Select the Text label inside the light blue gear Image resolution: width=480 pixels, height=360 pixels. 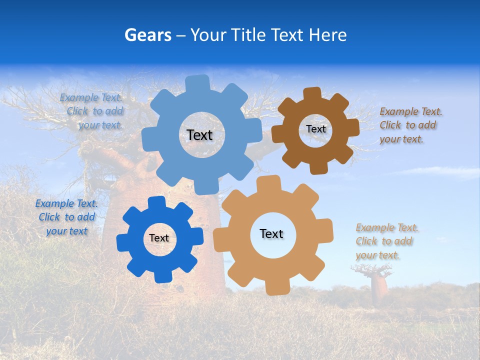point(200,135)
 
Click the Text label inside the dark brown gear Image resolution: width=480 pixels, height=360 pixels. point(315,129)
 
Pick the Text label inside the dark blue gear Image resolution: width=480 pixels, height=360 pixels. point(159,238)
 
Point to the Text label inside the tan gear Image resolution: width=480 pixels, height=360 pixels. point(271,233)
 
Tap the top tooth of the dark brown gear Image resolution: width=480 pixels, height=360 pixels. point(312,93)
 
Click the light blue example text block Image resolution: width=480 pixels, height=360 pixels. point(93,111)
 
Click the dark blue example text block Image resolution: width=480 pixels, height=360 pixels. point(66,217)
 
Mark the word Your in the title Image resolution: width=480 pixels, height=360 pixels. point(207,35)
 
